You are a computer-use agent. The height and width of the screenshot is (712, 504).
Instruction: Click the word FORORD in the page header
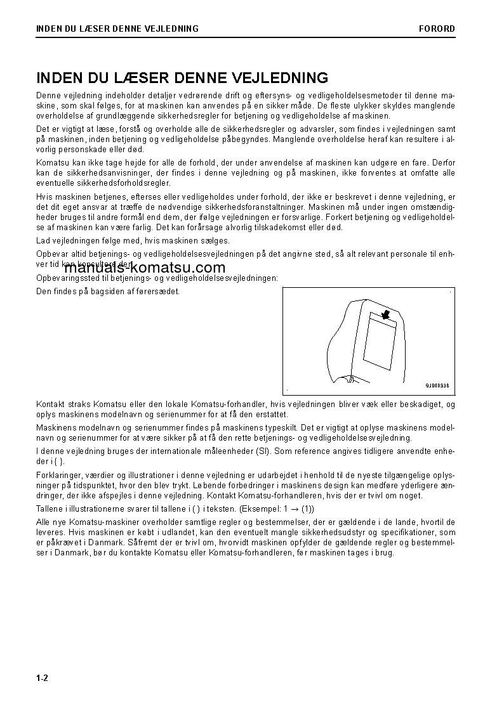[x=437, y=29]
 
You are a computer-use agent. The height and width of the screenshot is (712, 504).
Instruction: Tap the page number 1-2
[x=43, y=678]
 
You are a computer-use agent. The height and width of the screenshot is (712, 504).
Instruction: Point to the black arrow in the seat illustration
[x=385, y=314]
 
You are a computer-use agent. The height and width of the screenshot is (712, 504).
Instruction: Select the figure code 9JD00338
[x=437, y=385]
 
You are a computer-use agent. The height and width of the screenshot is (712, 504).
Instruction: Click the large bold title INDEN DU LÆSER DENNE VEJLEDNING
[x=182, y=78]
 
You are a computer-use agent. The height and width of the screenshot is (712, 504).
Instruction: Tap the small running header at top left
[x=117, y=29]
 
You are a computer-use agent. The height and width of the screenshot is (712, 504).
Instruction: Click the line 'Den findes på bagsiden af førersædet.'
[x=108, y=292]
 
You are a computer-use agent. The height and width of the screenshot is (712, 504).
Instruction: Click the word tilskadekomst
[x=302, y=227]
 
